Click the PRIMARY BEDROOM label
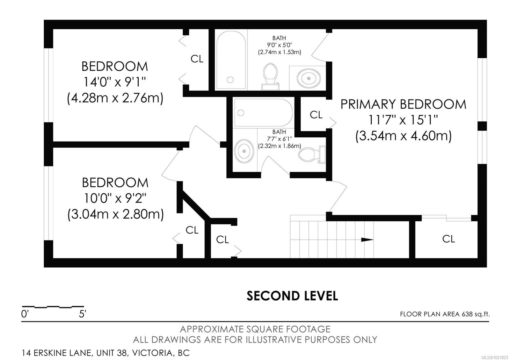[403, 104]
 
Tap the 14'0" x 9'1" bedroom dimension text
[115, 83]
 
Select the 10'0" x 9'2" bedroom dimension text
[115, 198]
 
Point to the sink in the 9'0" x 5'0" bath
[308, 77]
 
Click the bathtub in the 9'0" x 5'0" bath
[231, 60]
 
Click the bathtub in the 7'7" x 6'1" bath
[263, 113]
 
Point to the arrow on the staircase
[367, 240]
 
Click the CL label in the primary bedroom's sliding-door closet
[448, 239]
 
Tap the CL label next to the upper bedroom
[197, 59]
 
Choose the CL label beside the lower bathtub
[316, 115]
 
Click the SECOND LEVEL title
[292, 296]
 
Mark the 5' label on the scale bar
[83, 314]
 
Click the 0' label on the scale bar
[25, 314]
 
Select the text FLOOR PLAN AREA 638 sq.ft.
[445, 314]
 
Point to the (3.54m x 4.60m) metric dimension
[403, 136]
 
